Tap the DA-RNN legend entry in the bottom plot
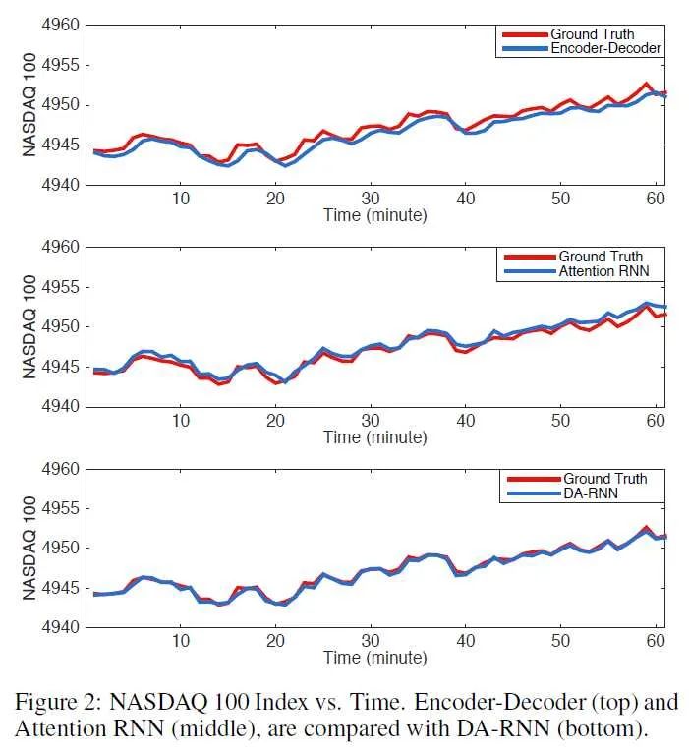(x=591, y=492)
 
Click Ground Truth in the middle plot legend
(x=603, y=258)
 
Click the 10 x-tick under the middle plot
(x=181, y=420)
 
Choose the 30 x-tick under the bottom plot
(x=370, y=641)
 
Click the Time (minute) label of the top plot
(x=374, y=215)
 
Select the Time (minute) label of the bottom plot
(x=374, y=657)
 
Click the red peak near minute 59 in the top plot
(x=646, y=85)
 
